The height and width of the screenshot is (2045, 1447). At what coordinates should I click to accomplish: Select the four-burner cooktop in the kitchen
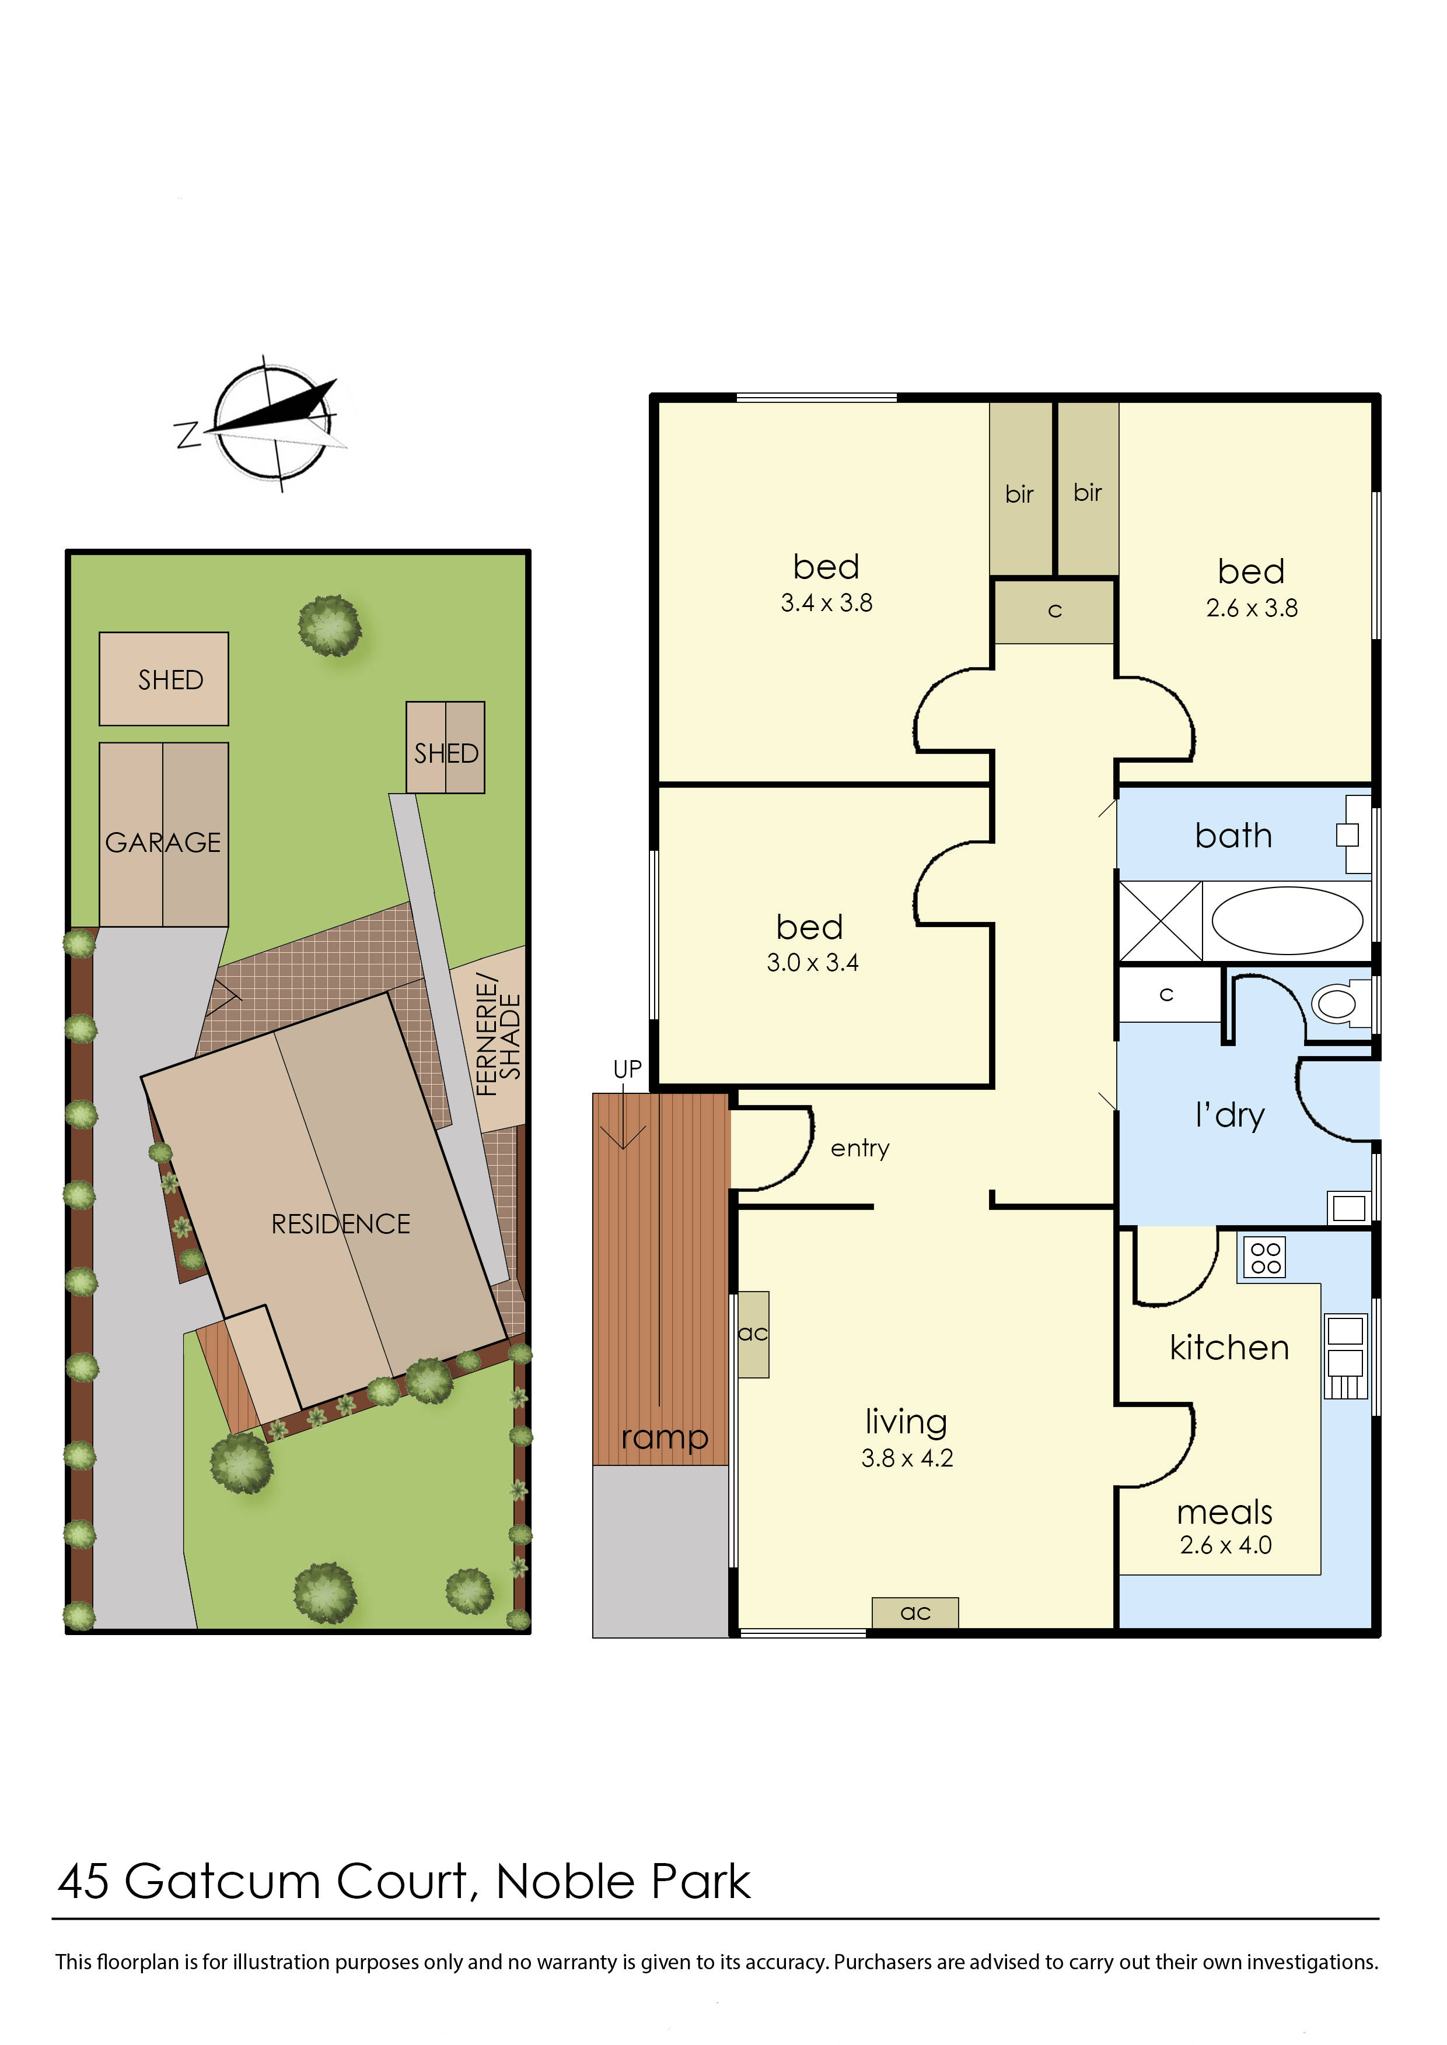(x=1265, y=1258)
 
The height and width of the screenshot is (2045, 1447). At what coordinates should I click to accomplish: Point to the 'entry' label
(x=860, y=1148)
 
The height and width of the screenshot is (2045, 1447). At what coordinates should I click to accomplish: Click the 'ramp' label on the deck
(x=664, y=1437)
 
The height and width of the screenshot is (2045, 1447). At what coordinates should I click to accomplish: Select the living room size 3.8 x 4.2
(x=907, y=1458)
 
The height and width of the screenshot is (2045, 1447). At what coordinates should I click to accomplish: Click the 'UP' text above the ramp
(x=627, y=1069)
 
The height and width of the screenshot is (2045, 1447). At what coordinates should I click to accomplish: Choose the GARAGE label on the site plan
(x=163, y=843)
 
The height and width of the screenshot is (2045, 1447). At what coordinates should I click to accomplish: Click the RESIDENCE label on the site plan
(x=340, y=1224)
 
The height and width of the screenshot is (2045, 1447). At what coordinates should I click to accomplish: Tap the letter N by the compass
(x=187, y=434)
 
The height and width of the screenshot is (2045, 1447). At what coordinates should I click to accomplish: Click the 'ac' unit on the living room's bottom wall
(x=915, y=1612)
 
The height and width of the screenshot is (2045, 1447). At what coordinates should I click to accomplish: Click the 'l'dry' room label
(x=1229, y=1115)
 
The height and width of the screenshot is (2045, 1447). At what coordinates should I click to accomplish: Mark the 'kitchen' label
(x=1229, y=1348)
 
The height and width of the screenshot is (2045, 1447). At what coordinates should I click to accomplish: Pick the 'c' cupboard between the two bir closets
(x=1055, y=611)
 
